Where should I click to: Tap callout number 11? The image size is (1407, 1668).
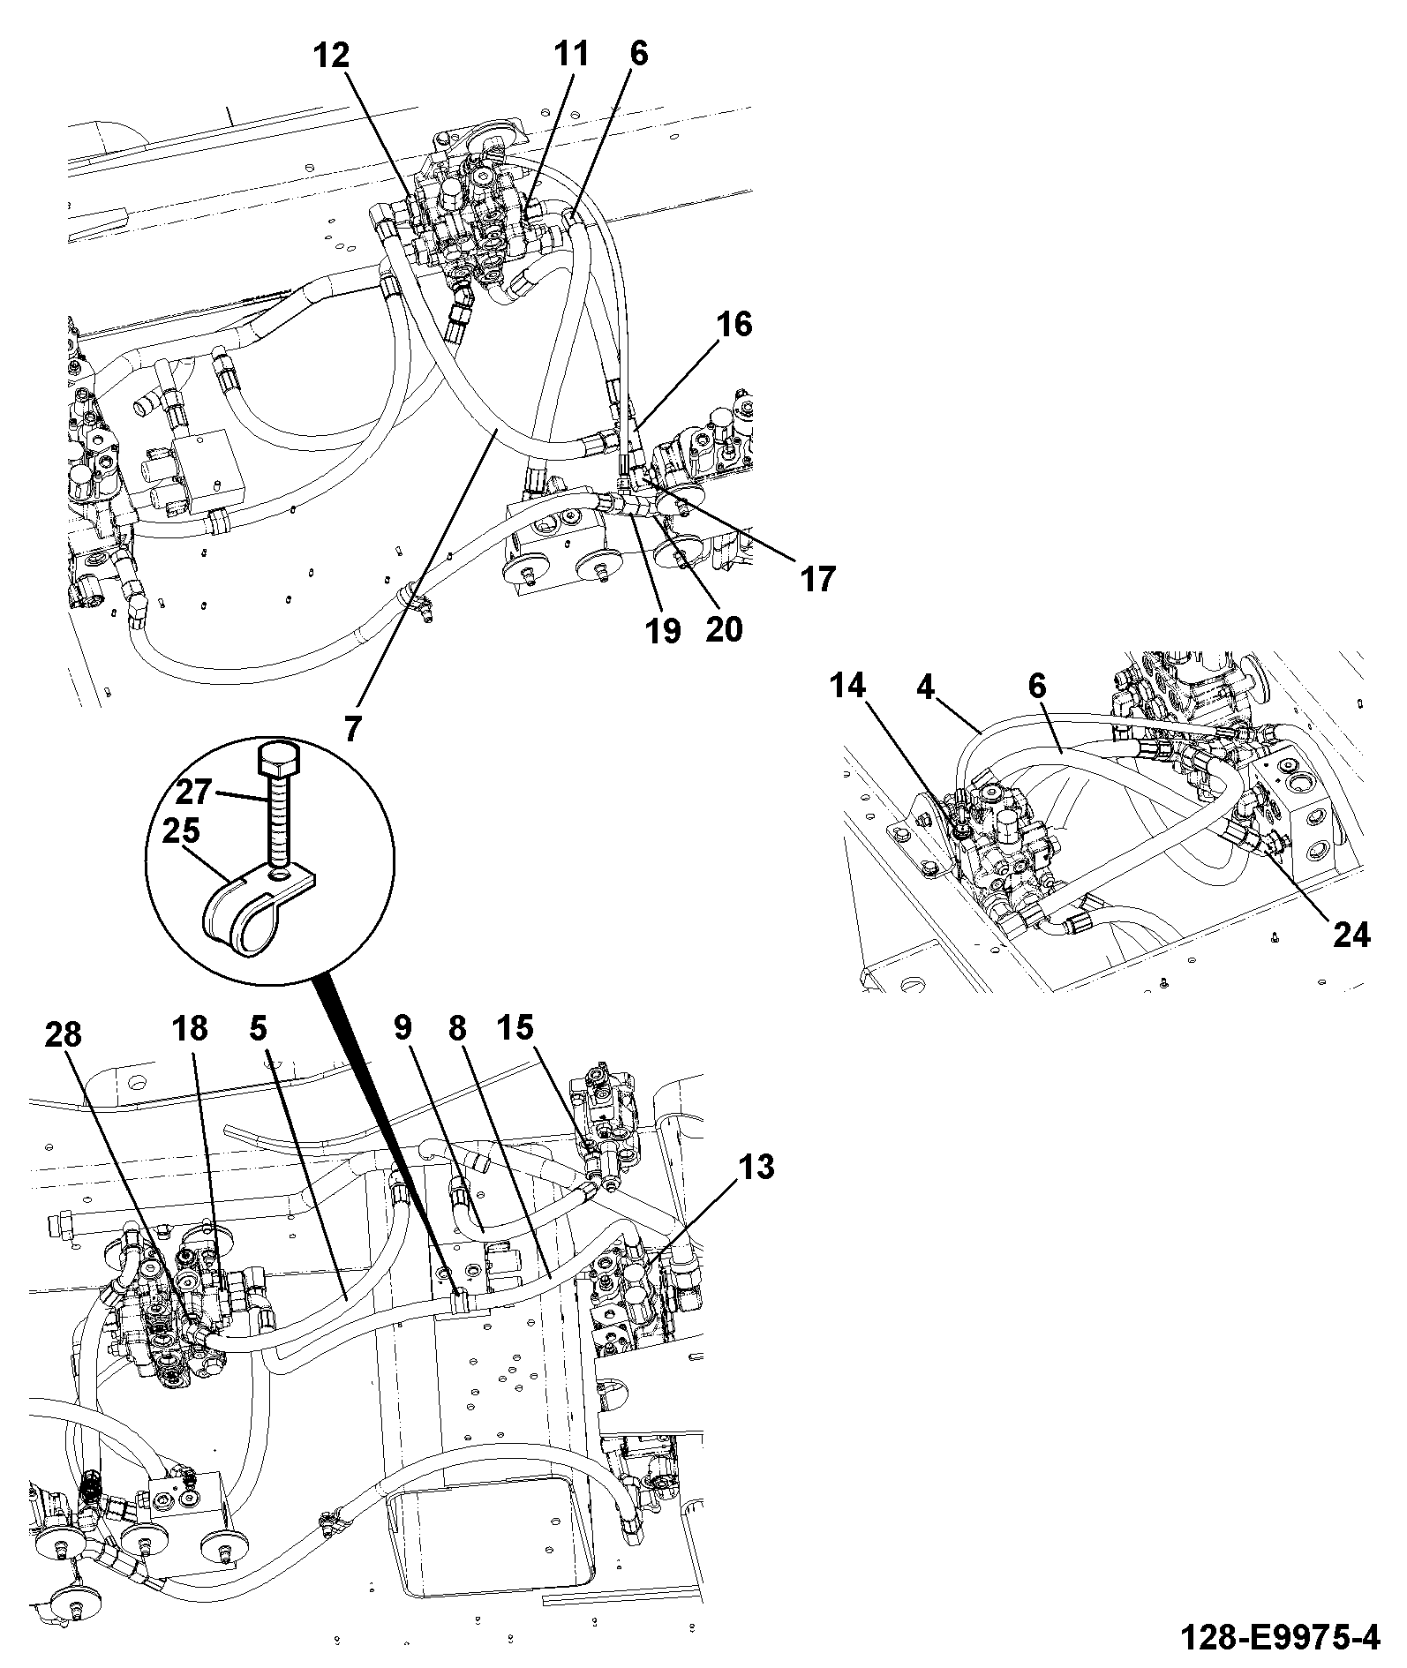(x=570, y=55)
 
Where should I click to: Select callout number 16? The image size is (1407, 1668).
(x=734, y=325)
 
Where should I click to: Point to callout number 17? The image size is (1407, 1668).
(x=816, y=580)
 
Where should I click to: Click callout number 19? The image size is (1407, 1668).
(x=663, y=630)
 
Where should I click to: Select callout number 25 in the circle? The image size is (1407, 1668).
(x=180, y=832)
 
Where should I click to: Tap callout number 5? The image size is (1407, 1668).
(x=258, y=1028)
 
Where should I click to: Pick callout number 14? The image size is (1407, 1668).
(x=847, y=685)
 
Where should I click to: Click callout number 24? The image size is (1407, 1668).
(x=1351, y=935)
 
